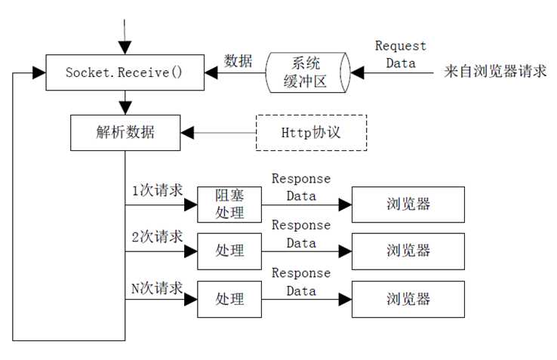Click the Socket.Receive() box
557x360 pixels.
(x=125, y=72)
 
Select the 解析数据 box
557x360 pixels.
(x=125, y=132)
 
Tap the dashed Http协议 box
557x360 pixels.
(x=311, y=132)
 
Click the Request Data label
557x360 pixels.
(x=400, y=55)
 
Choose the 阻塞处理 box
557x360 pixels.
(x=229, y=204)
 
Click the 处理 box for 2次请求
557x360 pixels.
(x=229, y=251)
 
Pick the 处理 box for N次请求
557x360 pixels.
(x=229, y=299)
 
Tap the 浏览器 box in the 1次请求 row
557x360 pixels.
(x=408, y=204)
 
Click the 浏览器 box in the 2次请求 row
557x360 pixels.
(x=408, y=251)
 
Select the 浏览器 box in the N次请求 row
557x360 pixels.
(x=408, y=299)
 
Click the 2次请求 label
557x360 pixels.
(x=157, y=237)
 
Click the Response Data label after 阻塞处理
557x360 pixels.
(x=300, y=187)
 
